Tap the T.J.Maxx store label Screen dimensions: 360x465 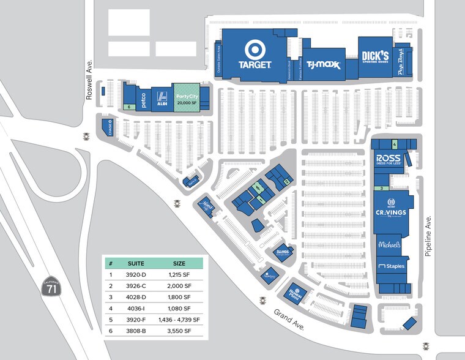323,64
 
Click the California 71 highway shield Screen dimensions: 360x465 51,287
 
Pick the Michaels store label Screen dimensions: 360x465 389,244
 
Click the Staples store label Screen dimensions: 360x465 391,266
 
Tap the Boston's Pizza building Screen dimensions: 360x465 296,291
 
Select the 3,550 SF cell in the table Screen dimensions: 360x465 179,331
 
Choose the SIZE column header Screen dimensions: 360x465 179,263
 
